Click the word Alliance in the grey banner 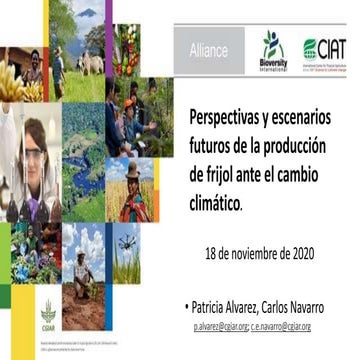tap(207, 49)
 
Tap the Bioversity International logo tap(273, 50)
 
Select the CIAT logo tap(326, 47)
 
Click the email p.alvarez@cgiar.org tap(221, 326)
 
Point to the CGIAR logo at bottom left tap(47, 310)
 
